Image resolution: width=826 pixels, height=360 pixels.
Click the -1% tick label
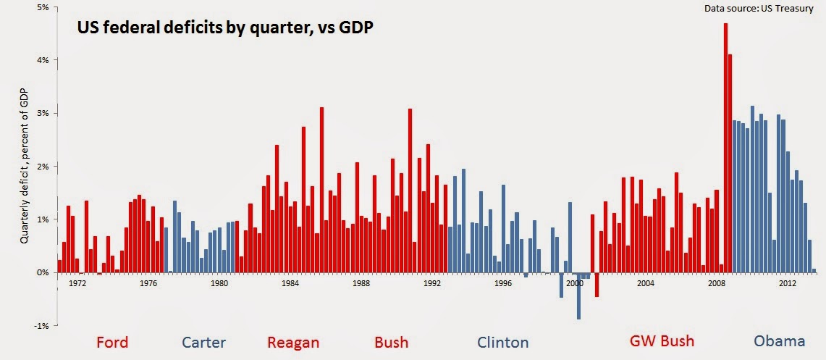coord(41,326)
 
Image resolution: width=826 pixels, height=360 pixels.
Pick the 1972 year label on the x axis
coord(77,283)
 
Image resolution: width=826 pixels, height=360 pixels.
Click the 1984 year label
coord(290,283)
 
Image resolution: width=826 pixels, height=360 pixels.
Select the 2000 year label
coord(576,283)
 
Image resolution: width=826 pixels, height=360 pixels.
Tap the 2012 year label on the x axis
coord(788,283)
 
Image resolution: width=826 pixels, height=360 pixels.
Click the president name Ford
coord(112,342)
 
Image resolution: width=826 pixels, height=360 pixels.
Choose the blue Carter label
coord(203,343)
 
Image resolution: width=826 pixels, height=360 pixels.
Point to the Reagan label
coord(292,343)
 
